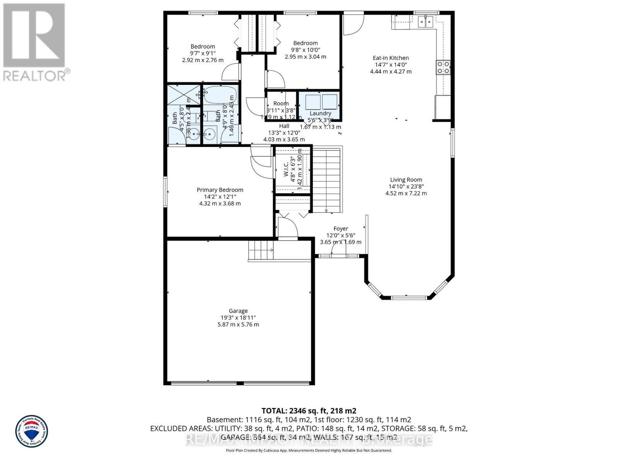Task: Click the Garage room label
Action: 238,311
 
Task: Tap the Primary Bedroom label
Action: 220,190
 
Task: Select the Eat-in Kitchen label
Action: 391,58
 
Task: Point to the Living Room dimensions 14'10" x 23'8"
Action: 406,186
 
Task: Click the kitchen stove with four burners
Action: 443,67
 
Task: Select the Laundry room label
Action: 320,113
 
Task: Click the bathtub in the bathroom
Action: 220,94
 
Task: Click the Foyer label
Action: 341,229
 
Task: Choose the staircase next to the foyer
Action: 327,179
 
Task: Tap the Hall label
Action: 284,126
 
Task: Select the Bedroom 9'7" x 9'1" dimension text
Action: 203,53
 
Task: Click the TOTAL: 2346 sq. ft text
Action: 309,411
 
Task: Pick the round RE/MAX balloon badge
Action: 32,431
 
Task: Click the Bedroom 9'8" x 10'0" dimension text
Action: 305,50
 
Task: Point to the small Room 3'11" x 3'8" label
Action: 281,103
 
